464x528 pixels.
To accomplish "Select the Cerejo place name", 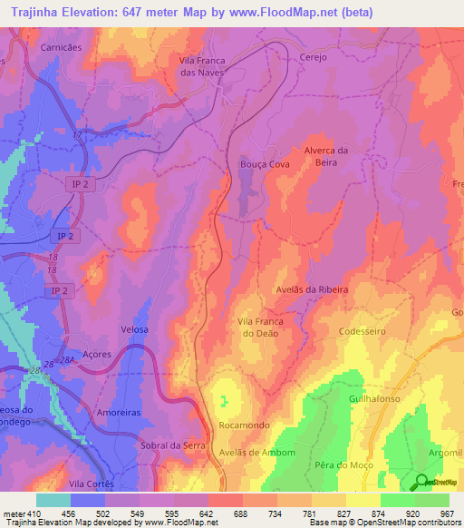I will click(x=313, y=55).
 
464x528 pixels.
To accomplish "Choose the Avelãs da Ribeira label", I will click(x=312, y=289).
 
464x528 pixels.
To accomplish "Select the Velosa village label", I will click(x=133, y=329).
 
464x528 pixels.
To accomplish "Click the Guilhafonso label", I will click(x=374, y=398).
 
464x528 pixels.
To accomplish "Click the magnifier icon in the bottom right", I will click(x=422, y=483).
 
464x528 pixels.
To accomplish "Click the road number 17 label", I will click(x=77, y=135).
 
